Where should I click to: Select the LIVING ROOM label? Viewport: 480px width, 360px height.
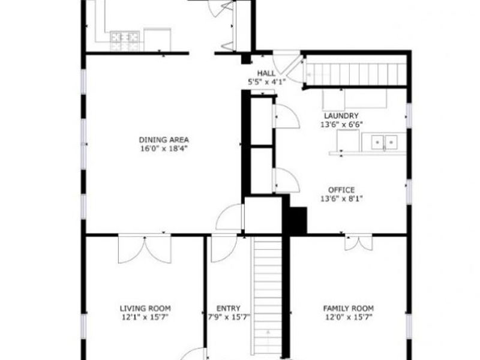pyautogui.click(x=141, y=308)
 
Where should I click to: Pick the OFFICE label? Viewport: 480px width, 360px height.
pyautogui.click(x=341, y=190)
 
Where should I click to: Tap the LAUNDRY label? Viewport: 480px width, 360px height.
pyautogui.click(x=341, y=116)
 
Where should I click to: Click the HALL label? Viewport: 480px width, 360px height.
pyautogui.click(x=266, y=73)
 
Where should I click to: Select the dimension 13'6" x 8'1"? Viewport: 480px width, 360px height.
pyautogui.click(x=341, y=198)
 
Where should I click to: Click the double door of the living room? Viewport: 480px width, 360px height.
pyautogui.click(x=145, y=249)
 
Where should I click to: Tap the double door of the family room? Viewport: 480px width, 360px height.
pyautogui.click(x=358, y=242)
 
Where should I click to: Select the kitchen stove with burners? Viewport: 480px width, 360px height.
pyautogui.click(x=125, y=40)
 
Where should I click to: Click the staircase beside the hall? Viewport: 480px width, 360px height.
pyautogui.click(x=356, y=74)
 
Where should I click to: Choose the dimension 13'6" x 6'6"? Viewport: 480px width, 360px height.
pyautogui.click(x=341, y=124)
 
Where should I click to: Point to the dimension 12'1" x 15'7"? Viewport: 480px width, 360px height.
pyautogui.click(x=141, y=317)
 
